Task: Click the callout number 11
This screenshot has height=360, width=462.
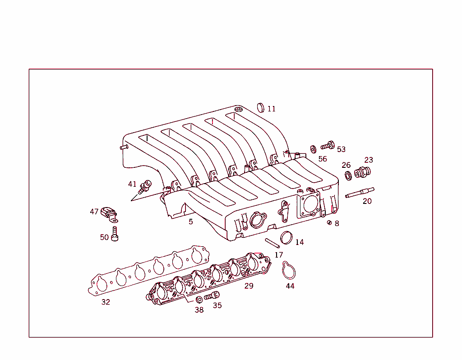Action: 271,109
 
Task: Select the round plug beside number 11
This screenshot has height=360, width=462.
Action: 261,107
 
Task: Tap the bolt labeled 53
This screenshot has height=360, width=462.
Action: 327,146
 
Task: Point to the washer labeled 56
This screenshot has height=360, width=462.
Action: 313,148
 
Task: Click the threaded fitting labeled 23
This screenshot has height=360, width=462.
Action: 362,172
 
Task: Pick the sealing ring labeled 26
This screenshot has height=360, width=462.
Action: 348,175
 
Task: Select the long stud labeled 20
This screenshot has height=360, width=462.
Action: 360,193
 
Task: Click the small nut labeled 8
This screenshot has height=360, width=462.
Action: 329,222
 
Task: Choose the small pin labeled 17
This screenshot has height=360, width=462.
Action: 273,243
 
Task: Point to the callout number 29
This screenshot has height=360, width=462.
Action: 249,286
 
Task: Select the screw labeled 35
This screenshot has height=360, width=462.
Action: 211,296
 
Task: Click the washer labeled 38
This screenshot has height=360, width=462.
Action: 199,300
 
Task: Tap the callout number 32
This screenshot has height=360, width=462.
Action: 106,302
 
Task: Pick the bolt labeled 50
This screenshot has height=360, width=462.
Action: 115,234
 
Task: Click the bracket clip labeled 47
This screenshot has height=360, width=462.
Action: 109,214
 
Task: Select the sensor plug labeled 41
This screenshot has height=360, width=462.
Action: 145,185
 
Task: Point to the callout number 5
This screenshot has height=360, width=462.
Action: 191,222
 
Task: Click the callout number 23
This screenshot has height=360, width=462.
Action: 369,160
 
